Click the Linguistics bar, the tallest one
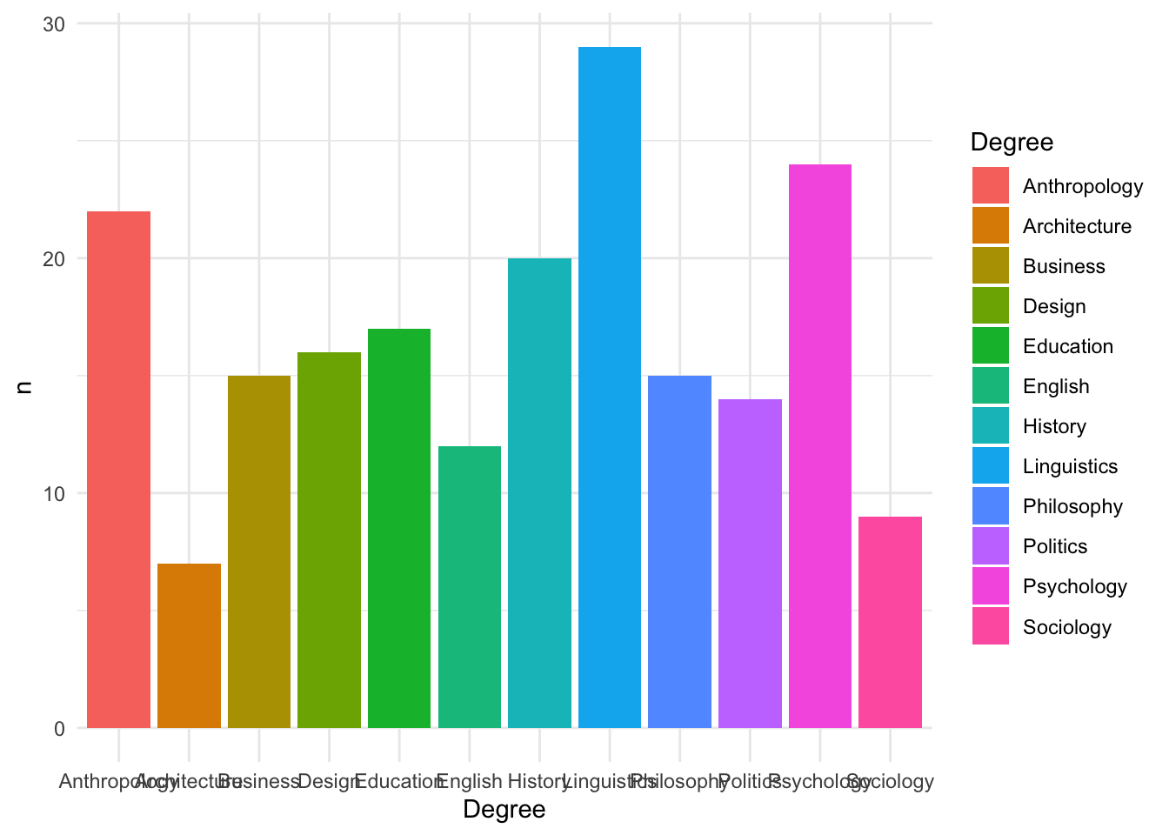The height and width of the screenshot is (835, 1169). [609, 387]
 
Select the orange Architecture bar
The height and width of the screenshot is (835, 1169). [189, 645]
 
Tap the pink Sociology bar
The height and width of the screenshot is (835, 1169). [890, 622]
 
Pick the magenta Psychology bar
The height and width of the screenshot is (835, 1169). [819, 445]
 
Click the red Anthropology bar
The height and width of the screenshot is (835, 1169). [118, 470]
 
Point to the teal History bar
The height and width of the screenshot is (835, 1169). [539, 492]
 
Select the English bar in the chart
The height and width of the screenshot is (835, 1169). [470, 586]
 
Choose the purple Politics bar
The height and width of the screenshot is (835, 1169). [750, 563]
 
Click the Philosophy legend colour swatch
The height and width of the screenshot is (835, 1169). [990, 506]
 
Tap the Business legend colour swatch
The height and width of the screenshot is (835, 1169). [990, 266]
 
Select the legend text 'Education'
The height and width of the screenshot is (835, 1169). [1067, 346]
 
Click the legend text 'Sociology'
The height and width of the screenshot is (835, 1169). [1066, 627]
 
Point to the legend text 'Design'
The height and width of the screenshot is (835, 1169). [1054, 306]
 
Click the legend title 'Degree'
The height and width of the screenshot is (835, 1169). [1011, 142]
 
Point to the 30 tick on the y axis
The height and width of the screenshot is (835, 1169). [54, 23]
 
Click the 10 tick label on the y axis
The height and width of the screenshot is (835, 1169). [54, 493]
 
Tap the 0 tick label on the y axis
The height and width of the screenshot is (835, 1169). [59, 729]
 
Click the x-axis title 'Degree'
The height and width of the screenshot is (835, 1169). [504, 810]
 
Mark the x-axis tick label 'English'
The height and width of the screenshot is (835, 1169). [469, 781]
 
